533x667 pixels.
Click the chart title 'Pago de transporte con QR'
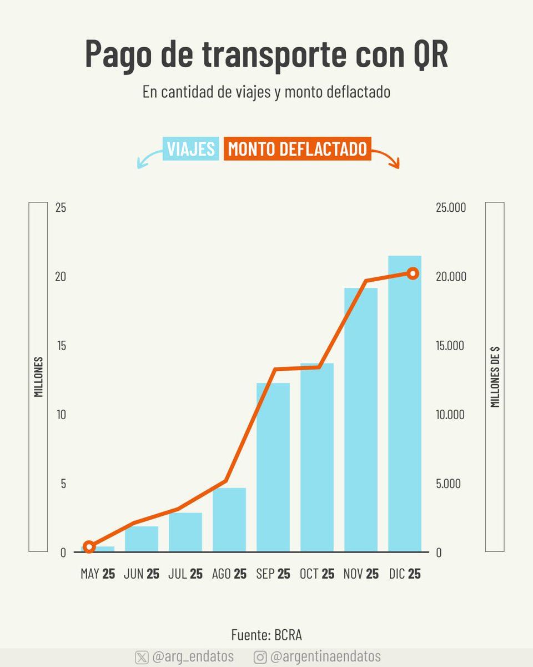(x=266, y=54)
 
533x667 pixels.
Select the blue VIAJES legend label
(x=190, y=149)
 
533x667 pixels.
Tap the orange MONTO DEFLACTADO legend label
(x=297, y=149)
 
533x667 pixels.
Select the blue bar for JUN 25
(x=142, y=539)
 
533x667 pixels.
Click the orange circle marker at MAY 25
(x=89, y=547)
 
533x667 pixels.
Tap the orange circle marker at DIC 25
(x=413, y=273)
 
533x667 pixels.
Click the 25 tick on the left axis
(x=60, y=208)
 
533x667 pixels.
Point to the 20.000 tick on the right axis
(x=450, y=277)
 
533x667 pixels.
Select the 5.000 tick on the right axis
(x=449, y=484)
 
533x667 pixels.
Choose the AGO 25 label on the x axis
(x=229, y=574)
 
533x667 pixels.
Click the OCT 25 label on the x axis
(x=317, y=574)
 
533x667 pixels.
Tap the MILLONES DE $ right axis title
(x=495, y=377)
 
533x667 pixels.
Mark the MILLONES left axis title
(x=38, y=377)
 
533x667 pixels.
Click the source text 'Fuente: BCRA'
(x=266, y=635)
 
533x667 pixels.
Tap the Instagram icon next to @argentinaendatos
(x=260, y=657)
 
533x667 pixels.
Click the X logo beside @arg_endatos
(x=142, y=657)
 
